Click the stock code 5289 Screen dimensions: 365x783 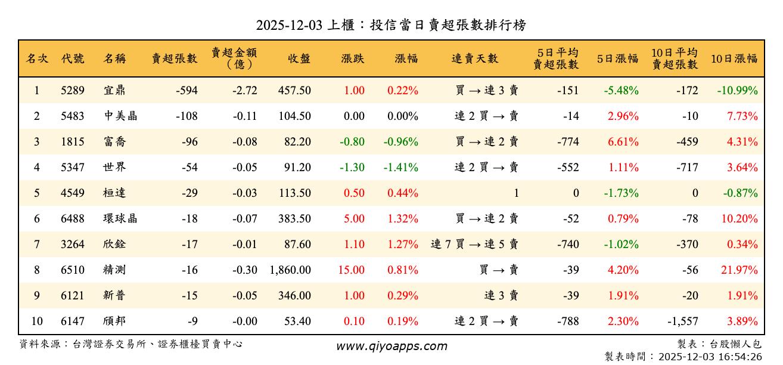tap(73, 91)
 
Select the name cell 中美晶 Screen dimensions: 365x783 tap(120, 116)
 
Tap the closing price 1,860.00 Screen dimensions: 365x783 tap(290, 270)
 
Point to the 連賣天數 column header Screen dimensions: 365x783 tap(475, 58)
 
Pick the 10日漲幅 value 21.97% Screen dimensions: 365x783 tap(739, 270)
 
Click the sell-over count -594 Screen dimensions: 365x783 tap(187, 91)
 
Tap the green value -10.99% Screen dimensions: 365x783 tap(737, 91)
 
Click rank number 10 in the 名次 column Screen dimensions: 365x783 tap(37, 321)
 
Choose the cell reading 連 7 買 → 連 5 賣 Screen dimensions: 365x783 tap(474, 245)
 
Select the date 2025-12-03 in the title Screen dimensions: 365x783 tap(290, 25)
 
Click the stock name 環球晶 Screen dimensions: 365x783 tap(120, 219)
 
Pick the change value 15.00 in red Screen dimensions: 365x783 tap(351, 270)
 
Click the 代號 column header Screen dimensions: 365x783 tap(73, 58)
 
